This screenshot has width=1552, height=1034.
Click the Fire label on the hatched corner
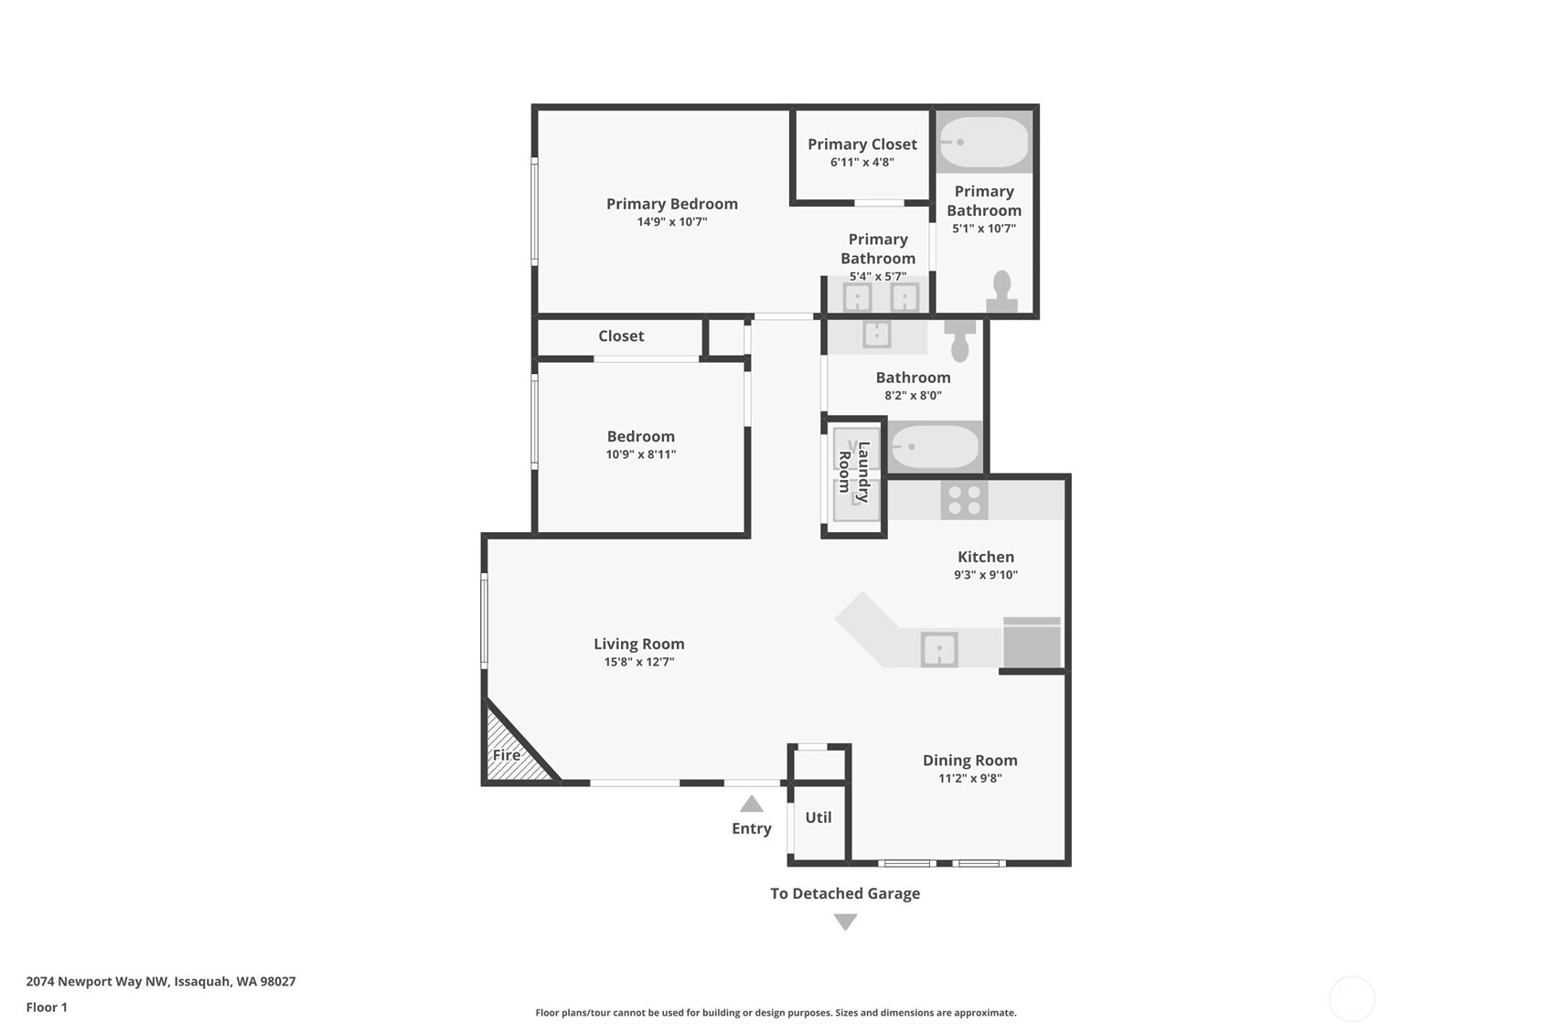click(507, 755)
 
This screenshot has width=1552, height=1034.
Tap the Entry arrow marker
click(752, 804)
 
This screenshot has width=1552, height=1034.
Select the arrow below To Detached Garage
click(845, 922)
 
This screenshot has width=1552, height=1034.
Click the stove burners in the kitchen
click(965, 500)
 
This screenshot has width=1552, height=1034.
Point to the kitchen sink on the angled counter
click(939, 650)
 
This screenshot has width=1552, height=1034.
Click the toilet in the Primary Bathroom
click(1001, 292)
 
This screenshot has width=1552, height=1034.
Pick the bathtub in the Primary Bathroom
click(984, 142)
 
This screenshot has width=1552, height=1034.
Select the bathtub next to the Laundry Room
click(935, 447)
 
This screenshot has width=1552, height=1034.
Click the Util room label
click(819, 817)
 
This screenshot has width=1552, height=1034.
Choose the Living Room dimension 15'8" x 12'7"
click(638, 661)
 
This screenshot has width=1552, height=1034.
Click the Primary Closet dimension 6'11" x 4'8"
click(862, 162)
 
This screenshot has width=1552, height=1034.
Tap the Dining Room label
click(970, 760)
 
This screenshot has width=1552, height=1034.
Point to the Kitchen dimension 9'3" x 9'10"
click(986, 574)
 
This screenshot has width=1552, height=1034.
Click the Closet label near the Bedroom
click(622, 336)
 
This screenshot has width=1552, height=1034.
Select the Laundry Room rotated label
click(853, 472)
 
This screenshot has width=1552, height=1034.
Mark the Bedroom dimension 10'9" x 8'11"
click(641, 454)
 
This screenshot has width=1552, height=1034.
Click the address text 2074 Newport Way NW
click(97, 981)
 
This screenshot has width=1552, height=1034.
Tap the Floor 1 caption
click(48, 1007)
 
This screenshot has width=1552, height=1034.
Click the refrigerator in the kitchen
click(1032, 642)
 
